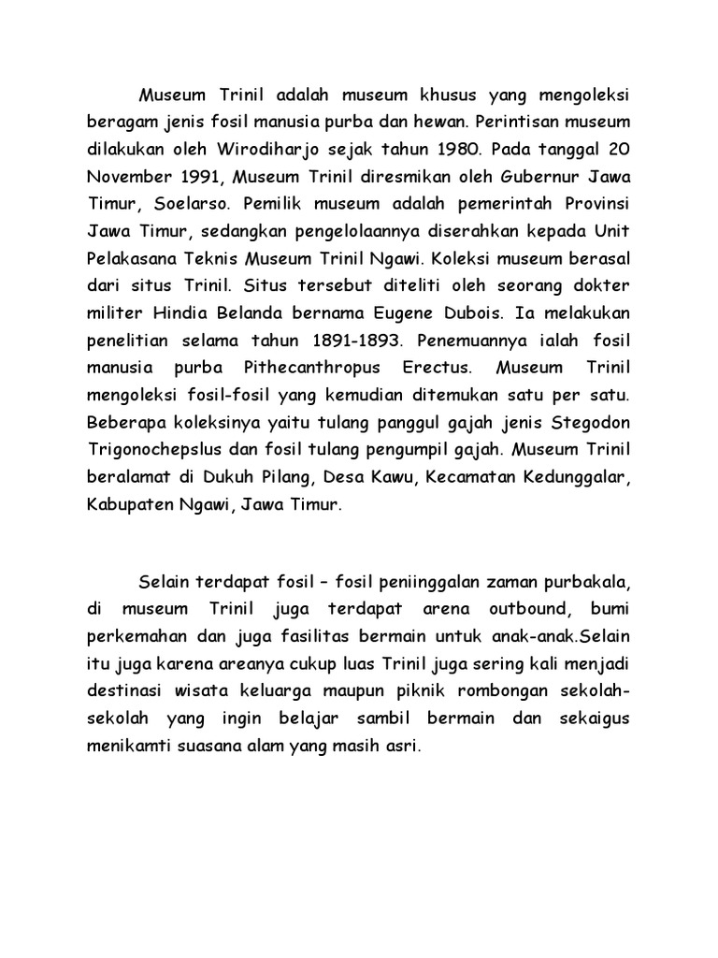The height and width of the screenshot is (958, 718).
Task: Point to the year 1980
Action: click(x=464, y=148)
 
